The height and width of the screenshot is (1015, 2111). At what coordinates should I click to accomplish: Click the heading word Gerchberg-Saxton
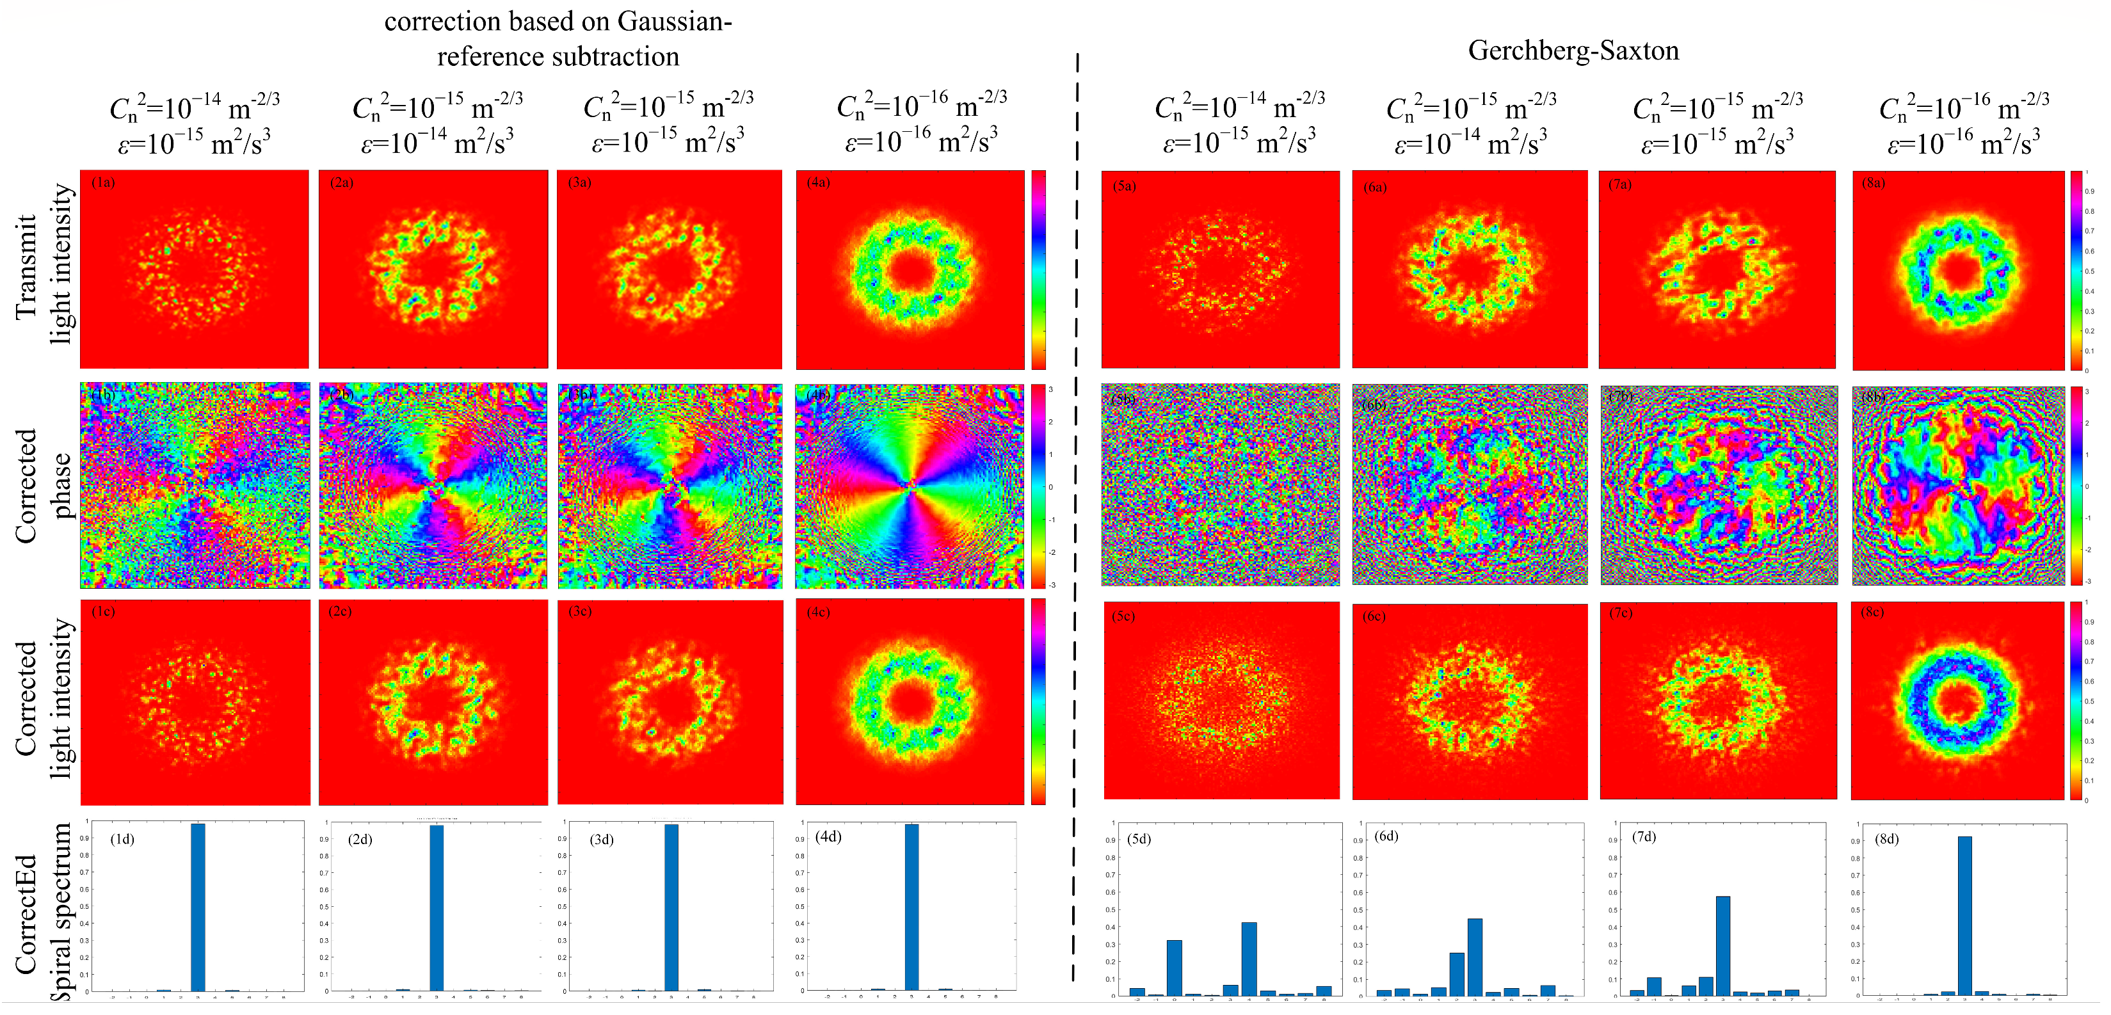point(1573,51)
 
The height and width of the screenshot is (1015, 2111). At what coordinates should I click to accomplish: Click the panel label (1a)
point(103,182)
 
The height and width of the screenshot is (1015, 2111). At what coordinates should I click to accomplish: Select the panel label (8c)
point(1872,612)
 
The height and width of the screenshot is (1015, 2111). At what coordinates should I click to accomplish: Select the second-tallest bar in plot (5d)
point(1175,966)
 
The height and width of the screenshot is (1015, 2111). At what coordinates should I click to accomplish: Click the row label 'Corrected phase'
point(43,485)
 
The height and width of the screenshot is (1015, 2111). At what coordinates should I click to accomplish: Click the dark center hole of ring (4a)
point(910,271)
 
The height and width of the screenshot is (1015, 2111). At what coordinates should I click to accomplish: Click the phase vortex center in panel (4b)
point(910,485)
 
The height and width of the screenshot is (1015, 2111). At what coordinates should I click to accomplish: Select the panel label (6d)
point(1386,836)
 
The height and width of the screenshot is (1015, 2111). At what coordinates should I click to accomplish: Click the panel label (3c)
point(579,611)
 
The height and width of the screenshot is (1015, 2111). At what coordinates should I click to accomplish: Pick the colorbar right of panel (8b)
point(2076,485)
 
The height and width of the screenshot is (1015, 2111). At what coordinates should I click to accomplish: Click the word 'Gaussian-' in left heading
point(675,21)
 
